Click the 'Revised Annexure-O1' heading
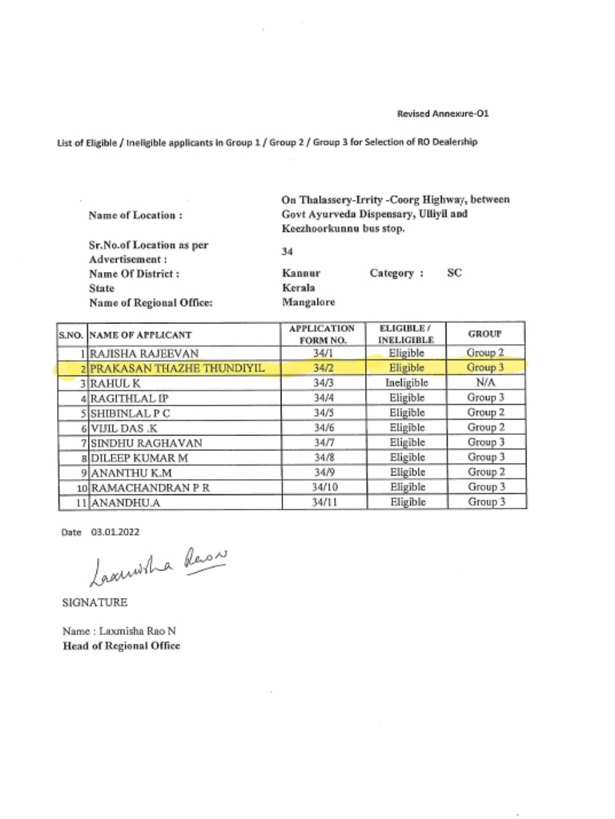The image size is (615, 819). [442, 114]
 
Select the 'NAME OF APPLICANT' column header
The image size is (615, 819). [141, 334]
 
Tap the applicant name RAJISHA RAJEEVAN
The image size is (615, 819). [144, 353]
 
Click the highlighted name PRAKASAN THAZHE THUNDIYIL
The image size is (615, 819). [176, 368]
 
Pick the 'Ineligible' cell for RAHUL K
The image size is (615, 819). [407, 383]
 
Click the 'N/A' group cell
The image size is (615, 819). [485, 383]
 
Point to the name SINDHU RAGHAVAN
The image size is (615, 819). [146, 442]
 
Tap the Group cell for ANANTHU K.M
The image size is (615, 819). [485, 472]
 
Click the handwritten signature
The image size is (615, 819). [159, 565]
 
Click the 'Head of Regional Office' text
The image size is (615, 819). [121, 645]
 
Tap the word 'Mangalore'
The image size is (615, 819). [308, 302]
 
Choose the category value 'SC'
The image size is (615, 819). [454, 273]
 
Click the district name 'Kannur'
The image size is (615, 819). [300, 273]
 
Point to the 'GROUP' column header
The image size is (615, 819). [485, 334]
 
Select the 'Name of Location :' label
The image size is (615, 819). [135, 214]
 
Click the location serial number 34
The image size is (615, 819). [287, 252]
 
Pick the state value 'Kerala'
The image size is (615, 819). [298, 287]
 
